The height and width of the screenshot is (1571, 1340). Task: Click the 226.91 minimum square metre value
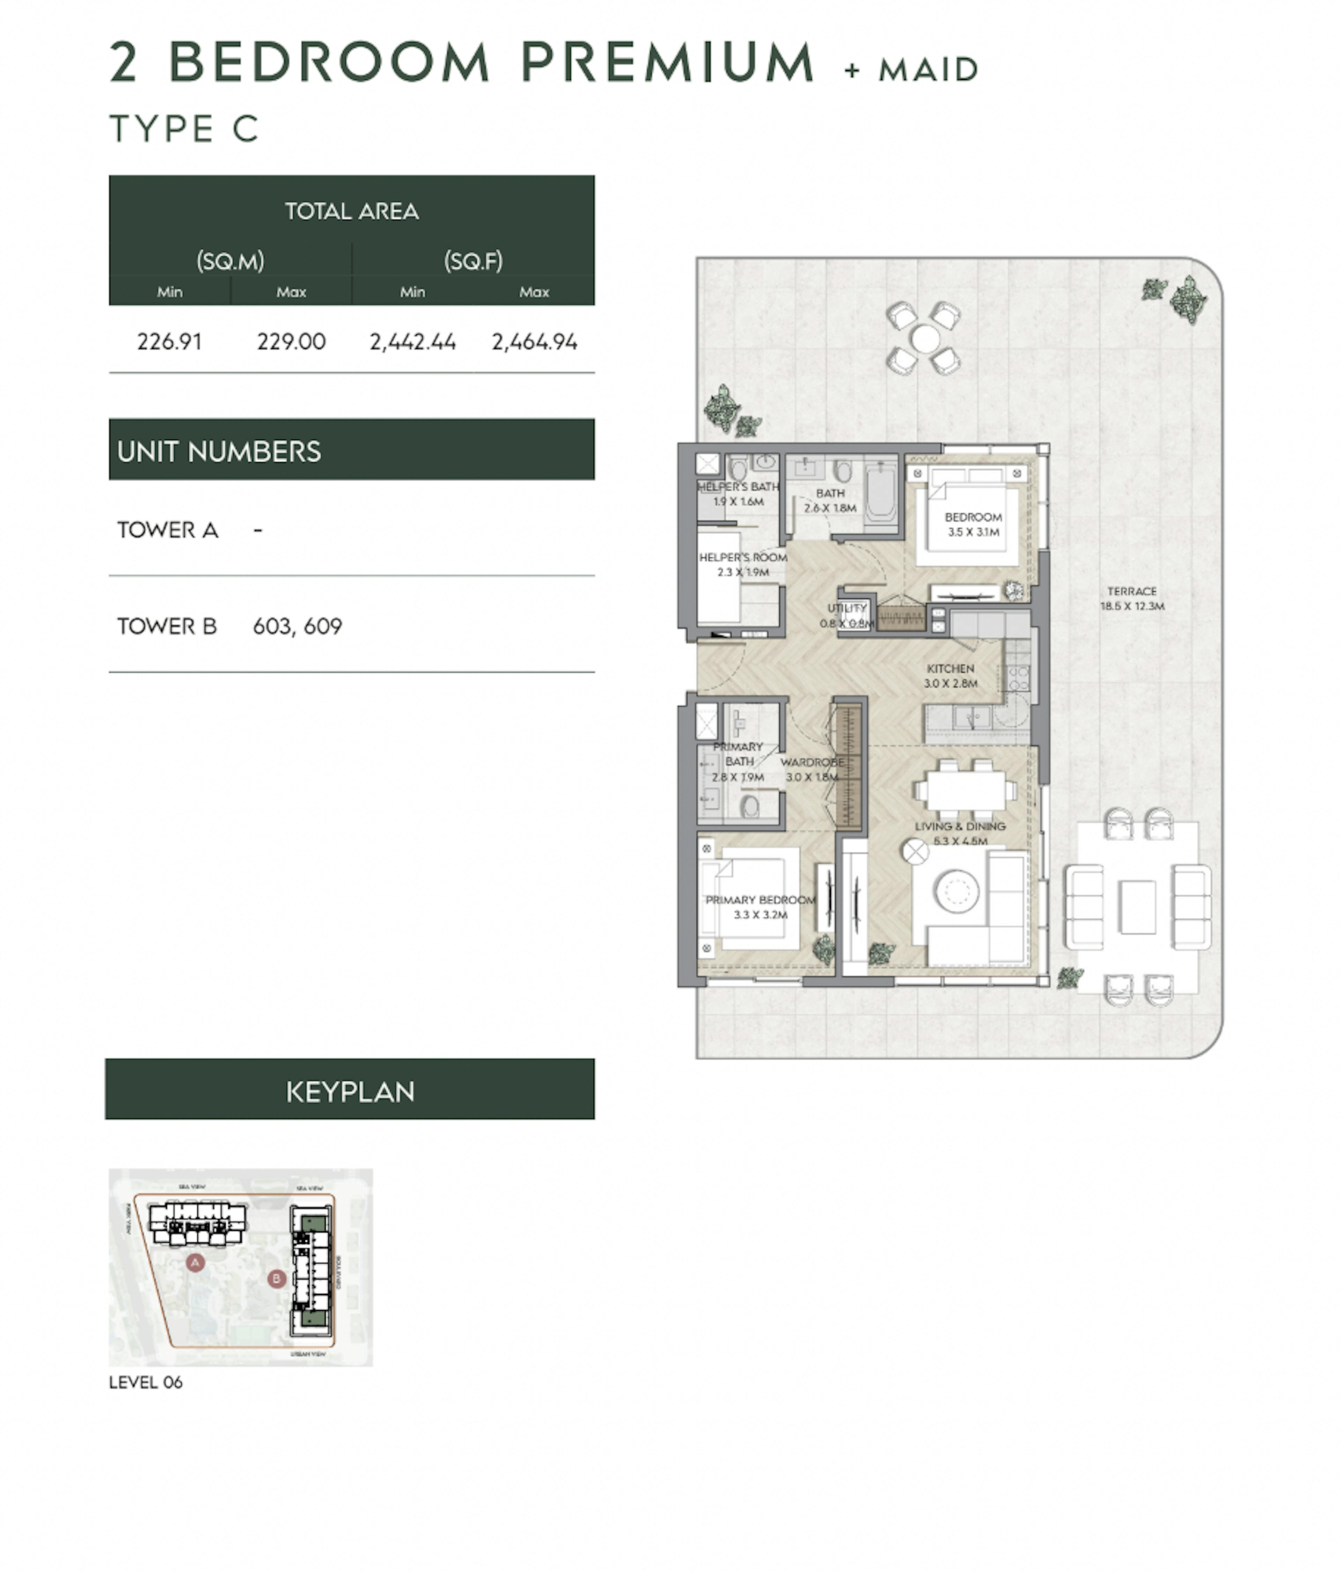(169, 342)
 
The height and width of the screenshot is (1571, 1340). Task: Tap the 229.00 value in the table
(291, 342)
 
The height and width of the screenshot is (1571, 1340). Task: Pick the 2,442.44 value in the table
(412, 342)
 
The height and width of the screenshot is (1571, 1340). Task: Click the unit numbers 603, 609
(297, 626)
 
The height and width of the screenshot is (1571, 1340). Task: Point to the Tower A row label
(167, 530)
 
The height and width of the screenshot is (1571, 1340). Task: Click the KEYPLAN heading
(350, 1092)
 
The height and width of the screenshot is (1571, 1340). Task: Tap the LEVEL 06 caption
(146, 1382)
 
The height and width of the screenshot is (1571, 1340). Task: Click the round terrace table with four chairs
(924, 338)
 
